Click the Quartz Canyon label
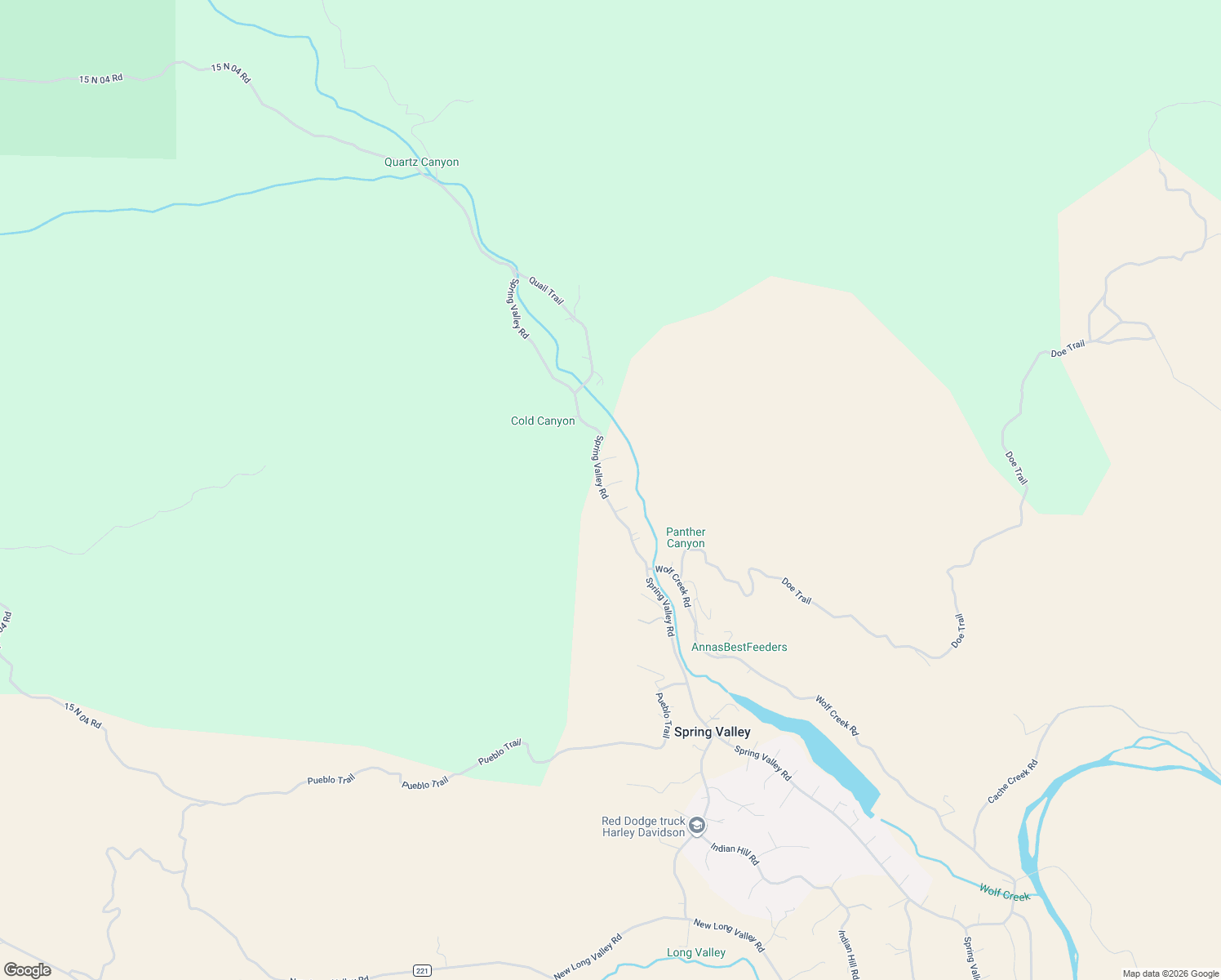[421, 162]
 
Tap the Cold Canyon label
[543, 421]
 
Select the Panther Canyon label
[686, 537]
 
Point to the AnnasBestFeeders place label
[739, 647]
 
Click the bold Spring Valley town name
[712, 732]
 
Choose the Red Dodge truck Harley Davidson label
[643, 826]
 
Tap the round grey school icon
[697, 826]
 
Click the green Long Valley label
[695, 952]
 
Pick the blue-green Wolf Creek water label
[1005, 893]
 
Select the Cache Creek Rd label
[1012, 782]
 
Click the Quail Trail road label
[546, 290]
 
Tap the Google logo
[28, 969]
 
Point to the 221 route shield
[422, 970]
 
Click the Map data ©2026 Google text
[1170, 973]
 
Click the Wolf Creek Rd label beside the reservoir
[837, 715]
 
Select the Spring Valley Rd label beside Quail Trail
[519, 309]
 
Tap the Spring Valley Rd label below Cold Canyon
[601, 467]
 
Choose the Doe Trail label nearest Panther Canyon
[797, 590]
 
